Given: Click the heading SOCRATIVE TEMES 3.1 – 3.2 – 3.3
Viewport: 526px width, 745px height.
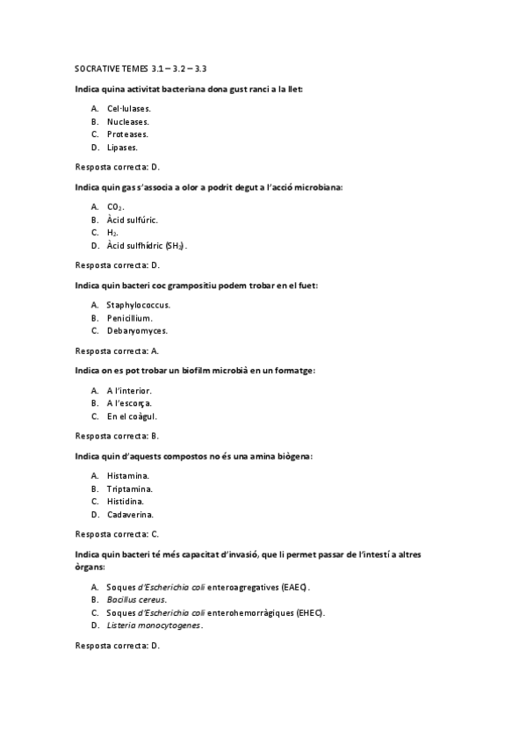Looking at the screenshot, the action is tap(141, 69).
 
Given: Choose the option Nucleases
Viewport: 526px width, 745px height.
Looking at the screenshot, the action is tap(128, 121).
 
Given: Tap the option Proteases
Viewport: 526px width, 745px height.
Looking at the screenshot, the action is tap(127, 134).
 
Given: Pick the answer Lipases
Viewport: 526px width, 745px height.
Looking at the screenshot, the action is tap(123, 148).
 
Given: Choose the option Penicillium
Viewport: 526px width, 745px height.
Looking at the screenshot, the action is tap(130, 318).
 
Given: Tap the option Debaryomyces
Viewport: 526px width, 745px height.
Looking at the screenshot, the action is tap(137, 331).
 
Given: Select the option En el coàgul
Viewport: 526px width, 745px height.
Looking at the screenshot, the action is tap(132, 416).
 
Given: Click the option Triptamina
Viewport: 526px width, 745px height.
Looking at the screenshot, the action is tap(130, 488).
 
